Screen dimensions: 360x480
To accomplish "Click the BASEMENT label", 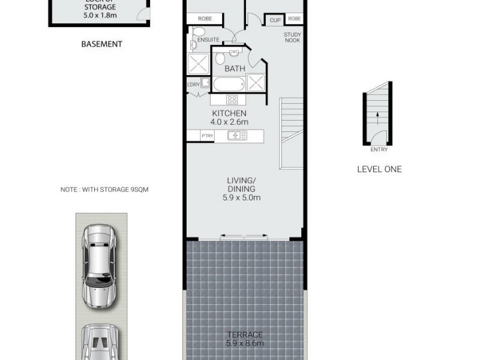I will coord(102,44).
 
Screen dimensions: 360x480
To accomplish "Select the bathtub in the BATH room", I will coord(229,83).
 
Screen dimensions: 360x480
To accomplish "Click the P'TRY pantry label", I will coord(208,136).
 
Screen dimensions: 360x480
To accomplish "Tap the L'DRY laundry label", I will coord(193,85).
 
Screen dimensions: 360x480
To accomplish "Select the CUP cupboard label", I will coord(275,20).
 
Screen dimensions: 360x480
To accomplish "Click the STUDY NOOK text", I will coord(292,38).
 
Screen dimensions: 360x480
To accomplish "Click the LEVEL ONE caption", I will coord(379,169).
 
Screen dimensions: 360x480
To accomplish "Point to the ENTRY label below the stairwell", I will coord(379,149).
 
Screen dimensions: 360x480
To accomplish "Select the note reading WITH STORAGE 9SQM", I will coord(104,190).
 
